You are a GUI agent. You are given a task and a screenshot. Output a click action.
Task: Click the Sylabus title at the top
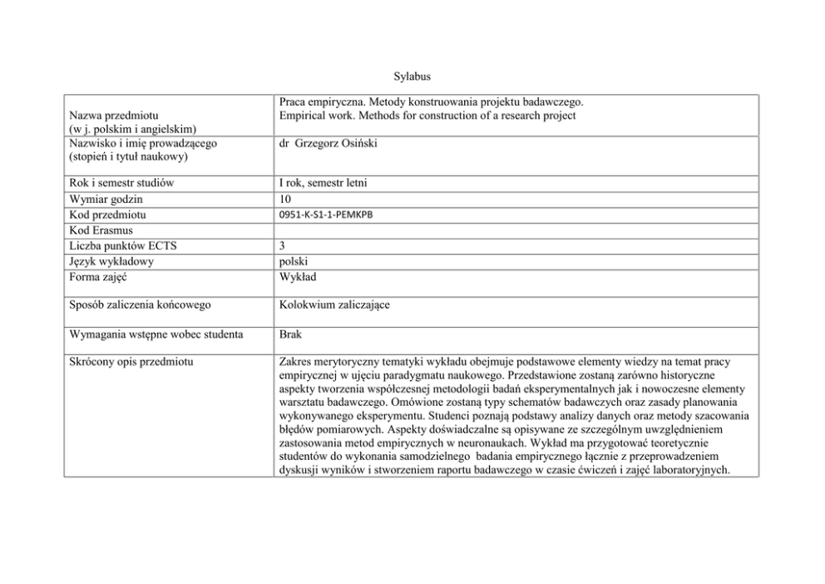coord(412,77)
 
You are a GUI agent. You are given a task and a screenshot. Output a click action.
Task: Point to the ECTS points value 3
coord(283,245)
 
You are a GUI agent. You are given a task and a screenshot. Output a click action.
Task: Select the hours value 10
coord(285,199)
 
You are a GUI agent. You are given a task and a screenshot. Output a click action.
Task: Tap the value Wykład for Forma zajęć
coord(298,276)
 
